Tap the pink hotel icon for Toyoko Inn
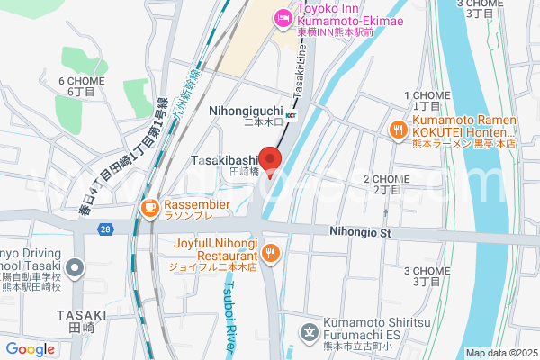tap(283, 17)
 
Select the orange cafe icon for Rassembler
tap(149, 210)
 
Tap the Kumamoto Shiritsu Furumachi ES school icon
tap(310, 332)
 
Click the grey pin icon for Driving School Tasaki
tap(76, 267)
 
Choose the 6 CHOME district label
tap(82, 81)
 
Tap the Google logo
tap(30, 349)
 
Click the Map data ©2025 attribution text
tap(499, 353)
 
